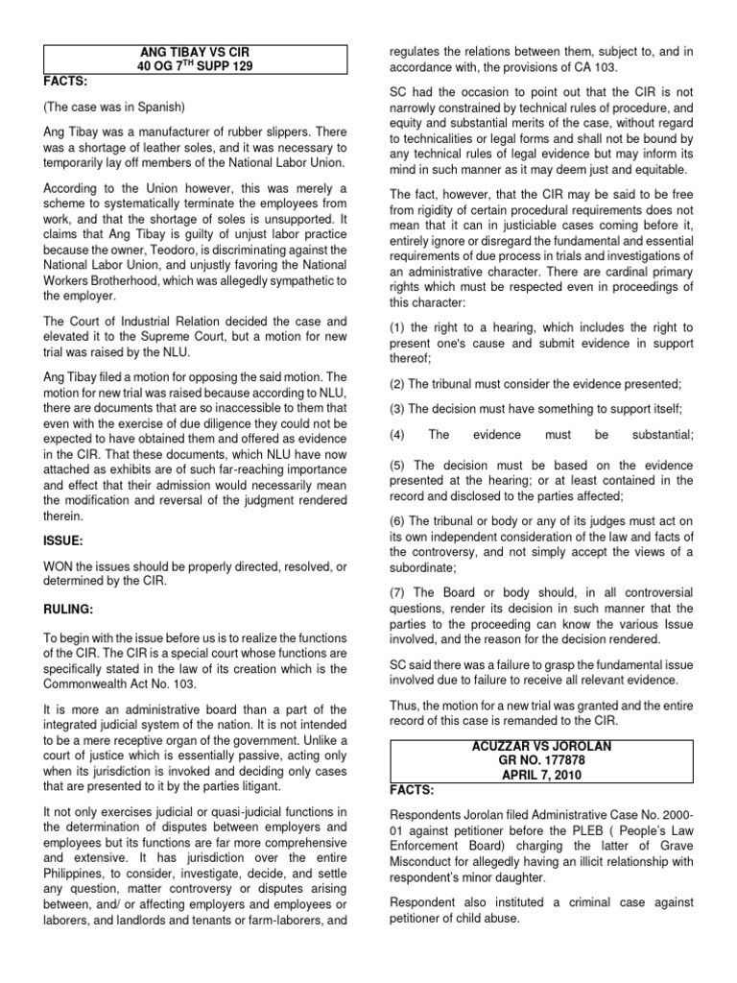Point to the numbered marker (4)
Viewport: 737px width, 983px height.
pyautogui.click(x=398, y=435)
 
